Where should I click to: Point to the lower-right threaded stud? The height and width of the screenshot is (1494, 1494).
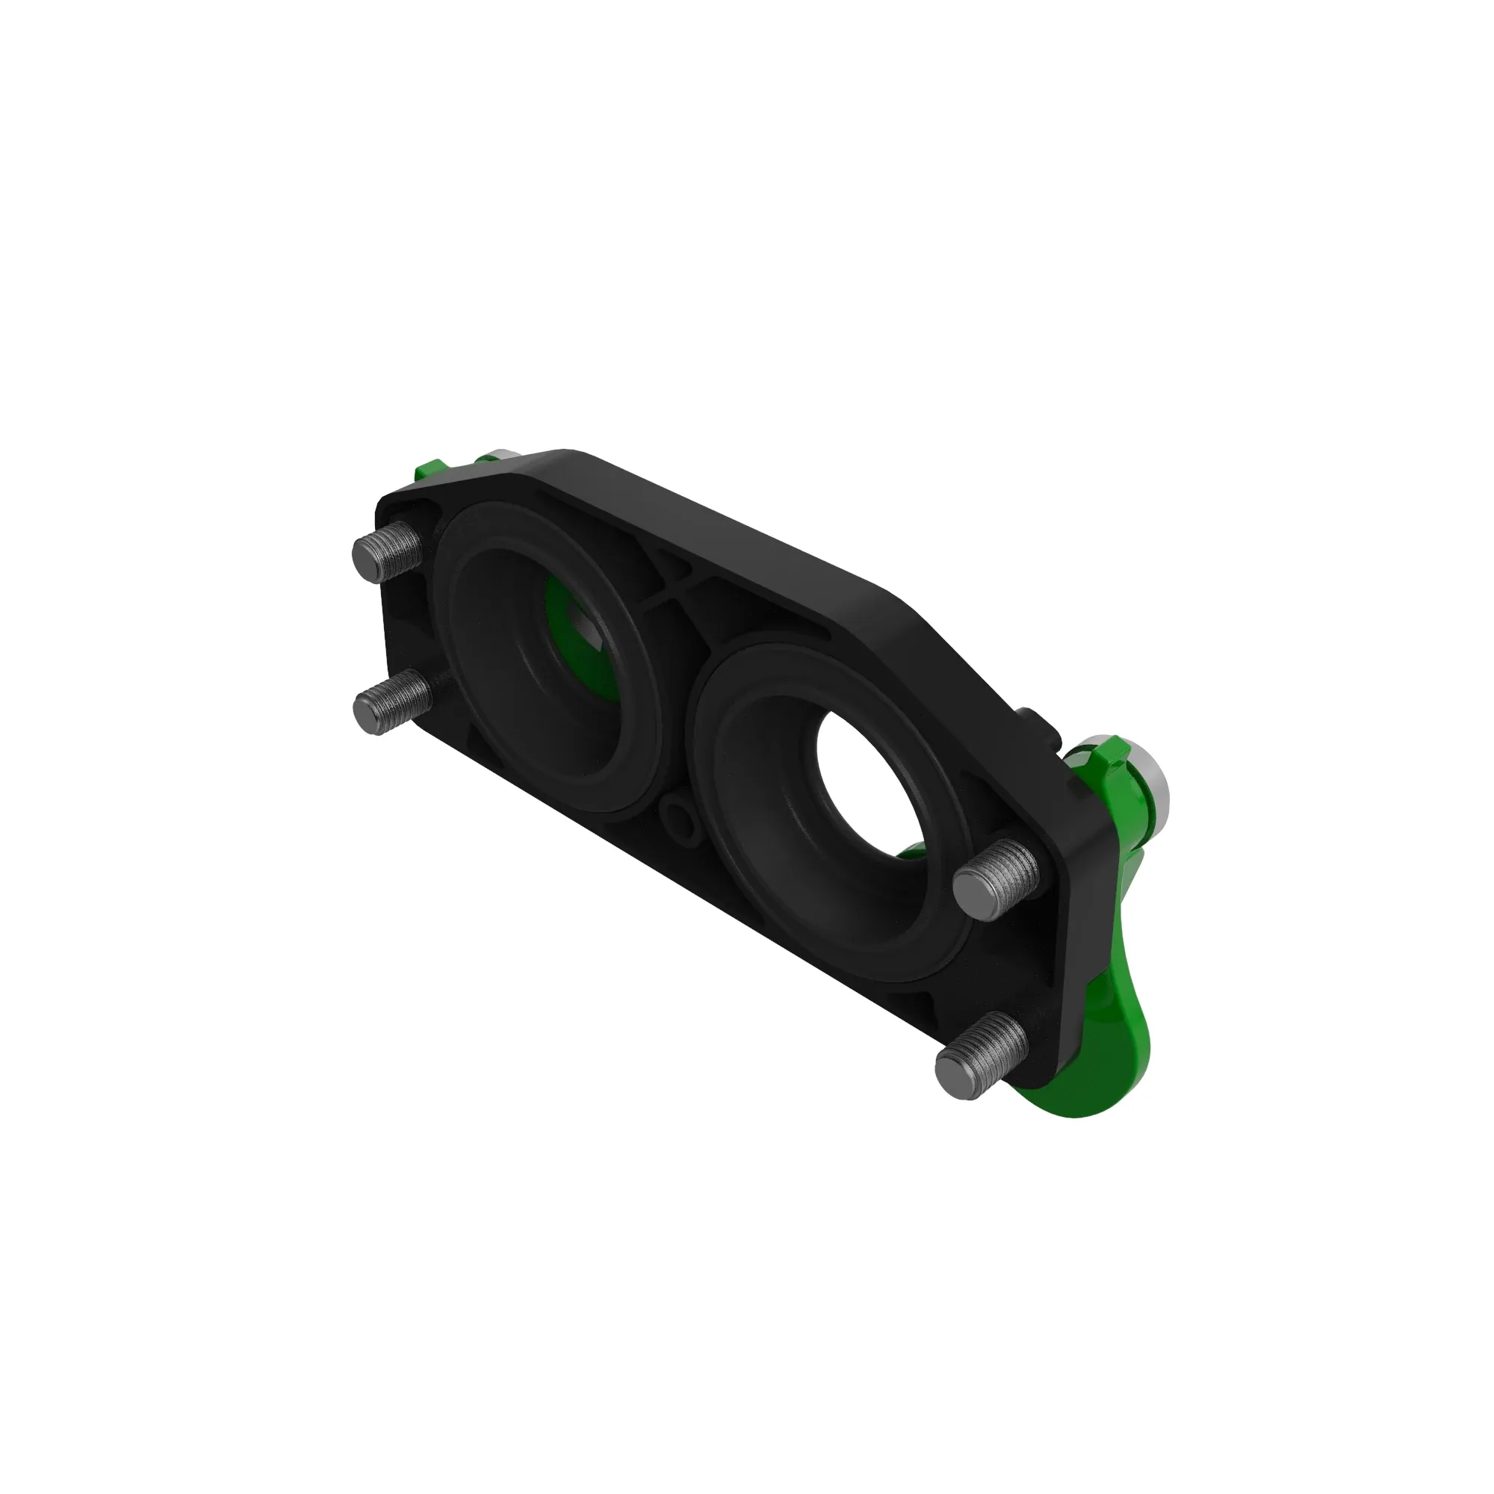click(981, 1056)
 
